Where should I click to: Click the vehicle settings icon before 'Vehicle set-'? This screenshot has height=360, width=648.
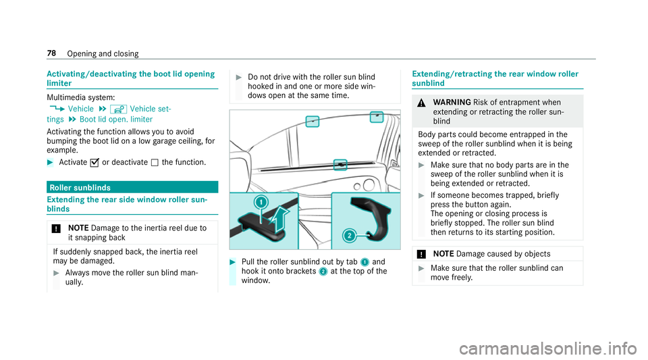coord(114,108)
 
